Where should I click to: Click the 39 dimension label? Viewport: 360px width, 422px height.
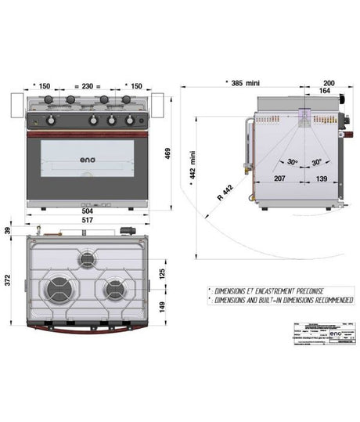pos(8,229)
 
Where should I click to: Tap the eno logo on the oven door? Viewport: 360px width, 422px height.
pos(88,162)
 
